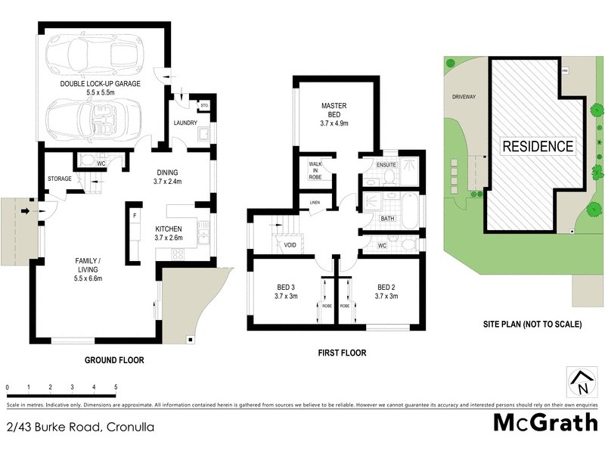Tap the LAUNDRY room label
(x=185, y=123)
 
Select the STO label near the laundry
(x=203, y=104)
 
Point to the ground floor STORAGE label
(x=59, y=179)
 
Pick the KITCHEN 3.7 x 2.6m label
(x=175, y=233)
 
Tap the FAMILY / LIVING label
(x=88, y=269)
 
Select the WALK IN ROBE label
(x=315, y=172)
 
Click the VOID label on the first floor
(x=289, y=244)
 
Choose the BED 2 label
(x=386, y=291)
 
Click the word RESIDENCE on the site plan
(x=538, y=146)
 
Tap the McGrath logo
(x=545, y=422)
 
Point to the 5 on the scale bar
(x=116, y=387)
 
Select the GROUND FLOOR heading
(x=114, y=360)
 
